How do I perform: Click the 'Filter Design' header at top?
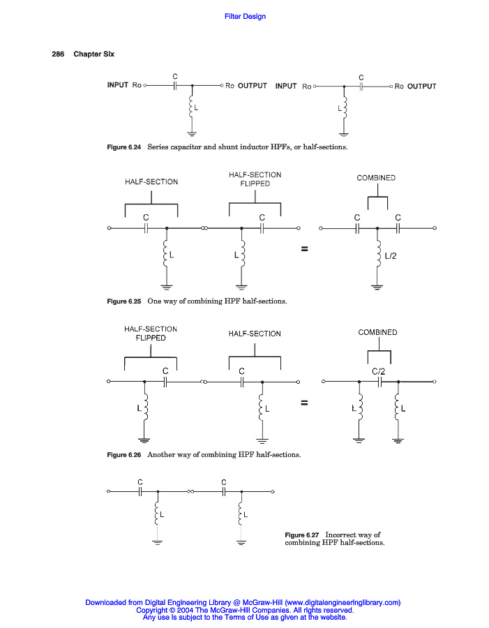(x=245, y=17)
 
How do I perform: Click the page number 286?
(x=58, y=54)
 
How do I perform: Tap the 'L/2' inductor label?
(x=391, y=256)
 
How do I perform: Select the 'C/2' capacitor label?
(x=379, y=371)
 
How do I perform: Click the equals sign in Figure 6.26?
(x=304, y=403)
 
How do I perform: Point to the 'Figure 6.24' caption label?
(x=123, y=147)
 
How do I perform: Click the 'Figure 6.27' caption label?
(x=303, y=535)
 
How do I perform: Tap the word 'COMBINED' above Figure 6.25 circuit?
(x=376, y=178)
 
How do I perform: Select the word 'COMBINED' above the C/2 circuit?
(x=377, y=333)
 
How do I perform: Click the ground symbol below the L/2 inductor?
(x=377, y=287)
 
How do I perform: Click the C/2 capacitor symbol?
(x=379, y=382)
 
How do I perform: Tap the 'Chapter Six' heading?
(x=93, y=54)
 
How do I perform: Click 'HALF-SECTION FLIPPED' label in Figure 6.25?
(x=255, y=179)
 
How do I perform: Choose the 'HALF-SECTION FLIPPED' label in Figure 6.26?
(x=151, y=333)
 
